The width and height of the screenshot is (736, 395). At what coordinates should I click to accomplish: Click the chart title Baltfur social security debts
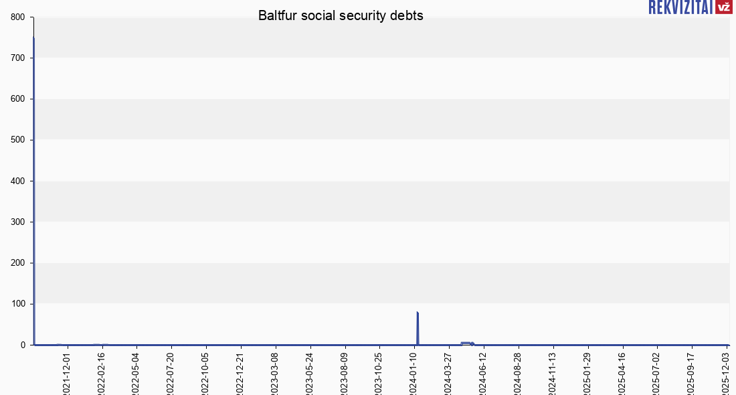(x=341, y=16)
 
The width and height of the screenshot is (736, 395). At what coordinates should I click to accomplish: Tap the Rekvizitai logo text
(x=680, y=7)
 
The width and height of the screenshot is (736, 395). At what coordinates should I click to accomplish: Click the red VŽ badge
(x=723, y=7)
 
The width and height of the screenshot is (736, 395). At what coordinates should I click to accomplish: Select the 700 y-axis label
(x=18, y=58)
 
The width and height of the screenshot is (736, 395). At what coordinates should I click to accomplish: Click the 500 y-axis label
(x=18, y=140)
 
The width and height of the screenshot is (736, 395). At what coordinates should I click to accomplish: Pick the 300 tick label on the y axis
(x=18, y=222)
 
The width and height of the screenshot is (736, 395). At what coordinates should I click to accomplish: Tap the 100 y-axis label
(x=18, y=304)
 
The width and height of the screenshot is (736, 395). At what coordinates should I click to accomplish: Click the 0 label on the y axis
(x=23, y=345)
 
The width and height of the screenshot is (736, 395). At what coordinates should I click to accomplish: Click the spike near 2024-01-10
(x=418, y=328)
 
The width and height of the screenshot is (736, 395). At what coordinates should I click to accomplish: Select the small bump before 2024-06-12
(x=466, y=343)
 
